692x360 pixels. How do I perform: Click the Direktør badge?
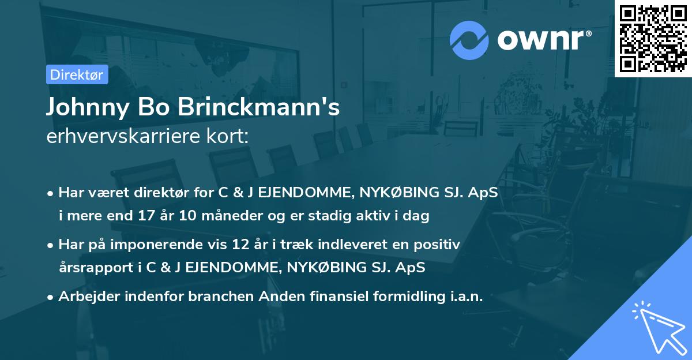pos(77,74)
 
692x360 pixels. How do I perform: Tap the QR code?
pos(653,38)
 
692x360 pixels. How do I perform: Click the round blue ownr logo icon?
pos(469,40)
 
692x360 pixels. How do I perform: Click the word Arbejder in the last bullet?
pos(86,297)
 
